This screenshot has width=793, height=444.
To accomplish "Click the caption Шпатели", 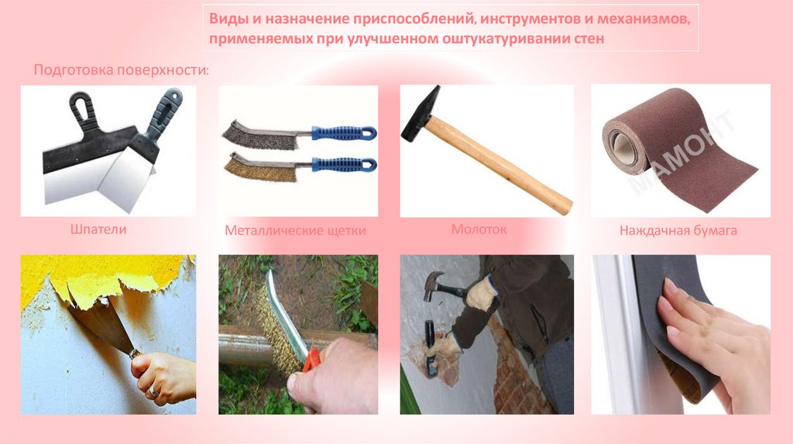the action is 98,229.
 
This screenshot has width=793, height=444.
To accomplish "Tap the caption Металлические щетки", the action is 295,231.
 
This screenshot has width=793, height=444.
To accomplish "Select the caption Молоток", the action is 479,229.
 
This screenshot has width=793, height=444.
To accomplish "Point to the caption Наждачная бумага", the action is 678,231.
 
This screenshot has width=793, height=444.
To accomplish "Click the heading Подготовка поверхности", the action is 122,70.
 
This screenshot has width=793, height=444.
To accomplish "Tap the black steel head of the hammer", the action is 420,114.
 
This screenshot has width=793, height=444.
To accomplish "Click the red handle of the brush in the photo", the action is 311,359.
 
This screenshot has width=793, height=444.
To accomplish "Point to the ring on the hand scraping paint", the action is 153,391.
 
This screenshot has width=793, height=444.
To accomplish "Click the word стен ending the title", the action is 589,39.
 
